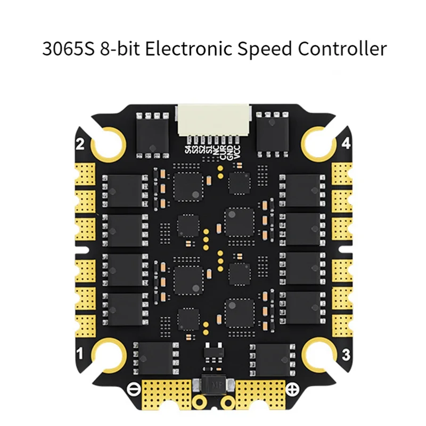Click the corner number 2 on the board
[x=81, y=144]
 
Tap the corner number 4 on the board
[x=346, y=144]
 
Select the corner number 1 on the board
[x=81, y=352]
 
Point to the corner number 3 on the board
[x=346, y=354]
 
